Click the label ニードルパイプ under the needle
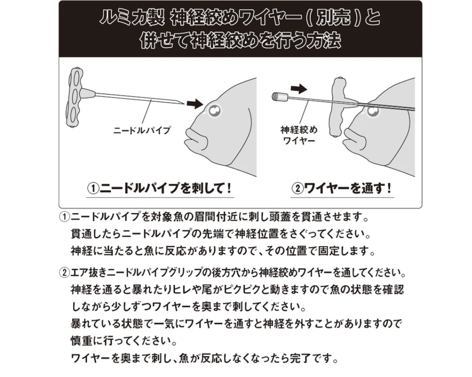tap(142, 130)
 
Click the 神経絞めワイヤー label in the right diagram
tap(299, 135)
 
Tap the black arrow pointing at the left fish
tap(195, 103)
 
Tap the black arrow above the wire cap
tap(299, 89)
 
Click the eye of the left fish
tap(215, 111)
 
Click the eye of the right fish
tap(373, 111)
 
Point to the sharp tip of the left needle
tap(184, 104)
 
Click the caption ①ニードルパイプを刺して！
tap(160, 188)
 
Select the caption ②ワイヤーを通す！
tap(342, 188)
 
